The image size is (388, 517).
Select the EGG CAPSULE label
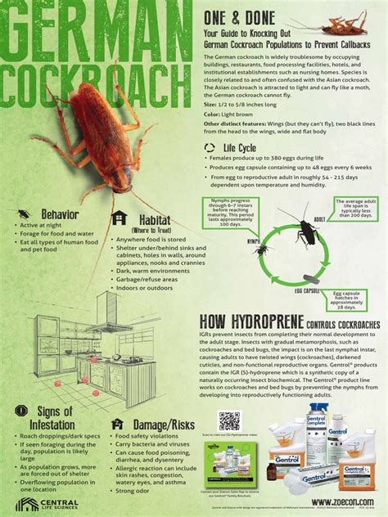pyautogui.click(x=307, y=290)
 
